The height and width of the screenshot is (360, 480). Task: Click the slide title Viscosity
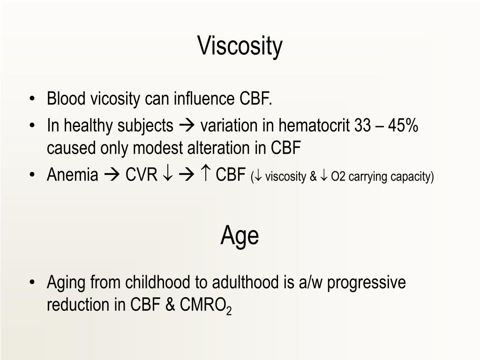coord(240,46)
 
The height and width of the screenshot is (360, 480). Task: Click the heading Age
coord(240,236)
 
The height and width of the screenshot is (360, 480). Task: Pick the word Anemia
coord(73,175)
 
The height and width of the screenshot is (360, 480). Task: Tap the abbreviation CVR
coord(141,175)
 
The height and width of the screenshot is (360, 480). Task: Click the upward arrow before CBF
coord(206,175)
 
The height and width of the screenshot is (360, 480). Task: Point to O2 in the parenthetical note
coord(337,177)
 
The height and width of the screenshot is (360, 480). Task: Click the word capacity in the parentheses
coord(415,177)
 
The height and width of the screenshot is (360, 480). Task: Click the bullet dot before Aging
coord(32,283)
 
